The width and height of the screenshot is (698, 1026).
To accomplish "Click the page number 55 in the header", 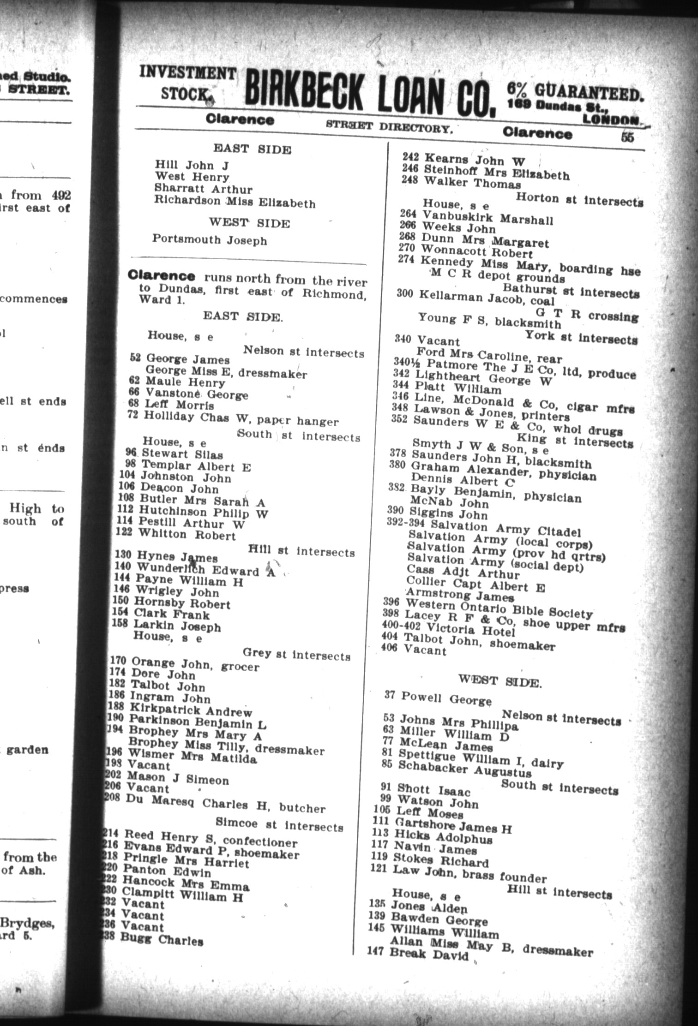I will (x=627, y=137).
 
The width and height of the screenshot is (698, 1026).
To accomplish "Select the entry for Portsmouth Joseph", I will (x=210, y=240).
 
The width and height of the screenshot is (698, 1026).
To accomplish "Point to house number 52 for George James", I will (x=135, y=358).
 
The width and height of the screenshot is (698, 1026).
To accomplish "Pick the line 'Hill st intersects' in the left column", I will (x=301, y=551).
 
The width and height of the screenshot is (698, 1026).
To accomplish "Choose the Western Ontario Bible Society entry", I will (x=499, y=608).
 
